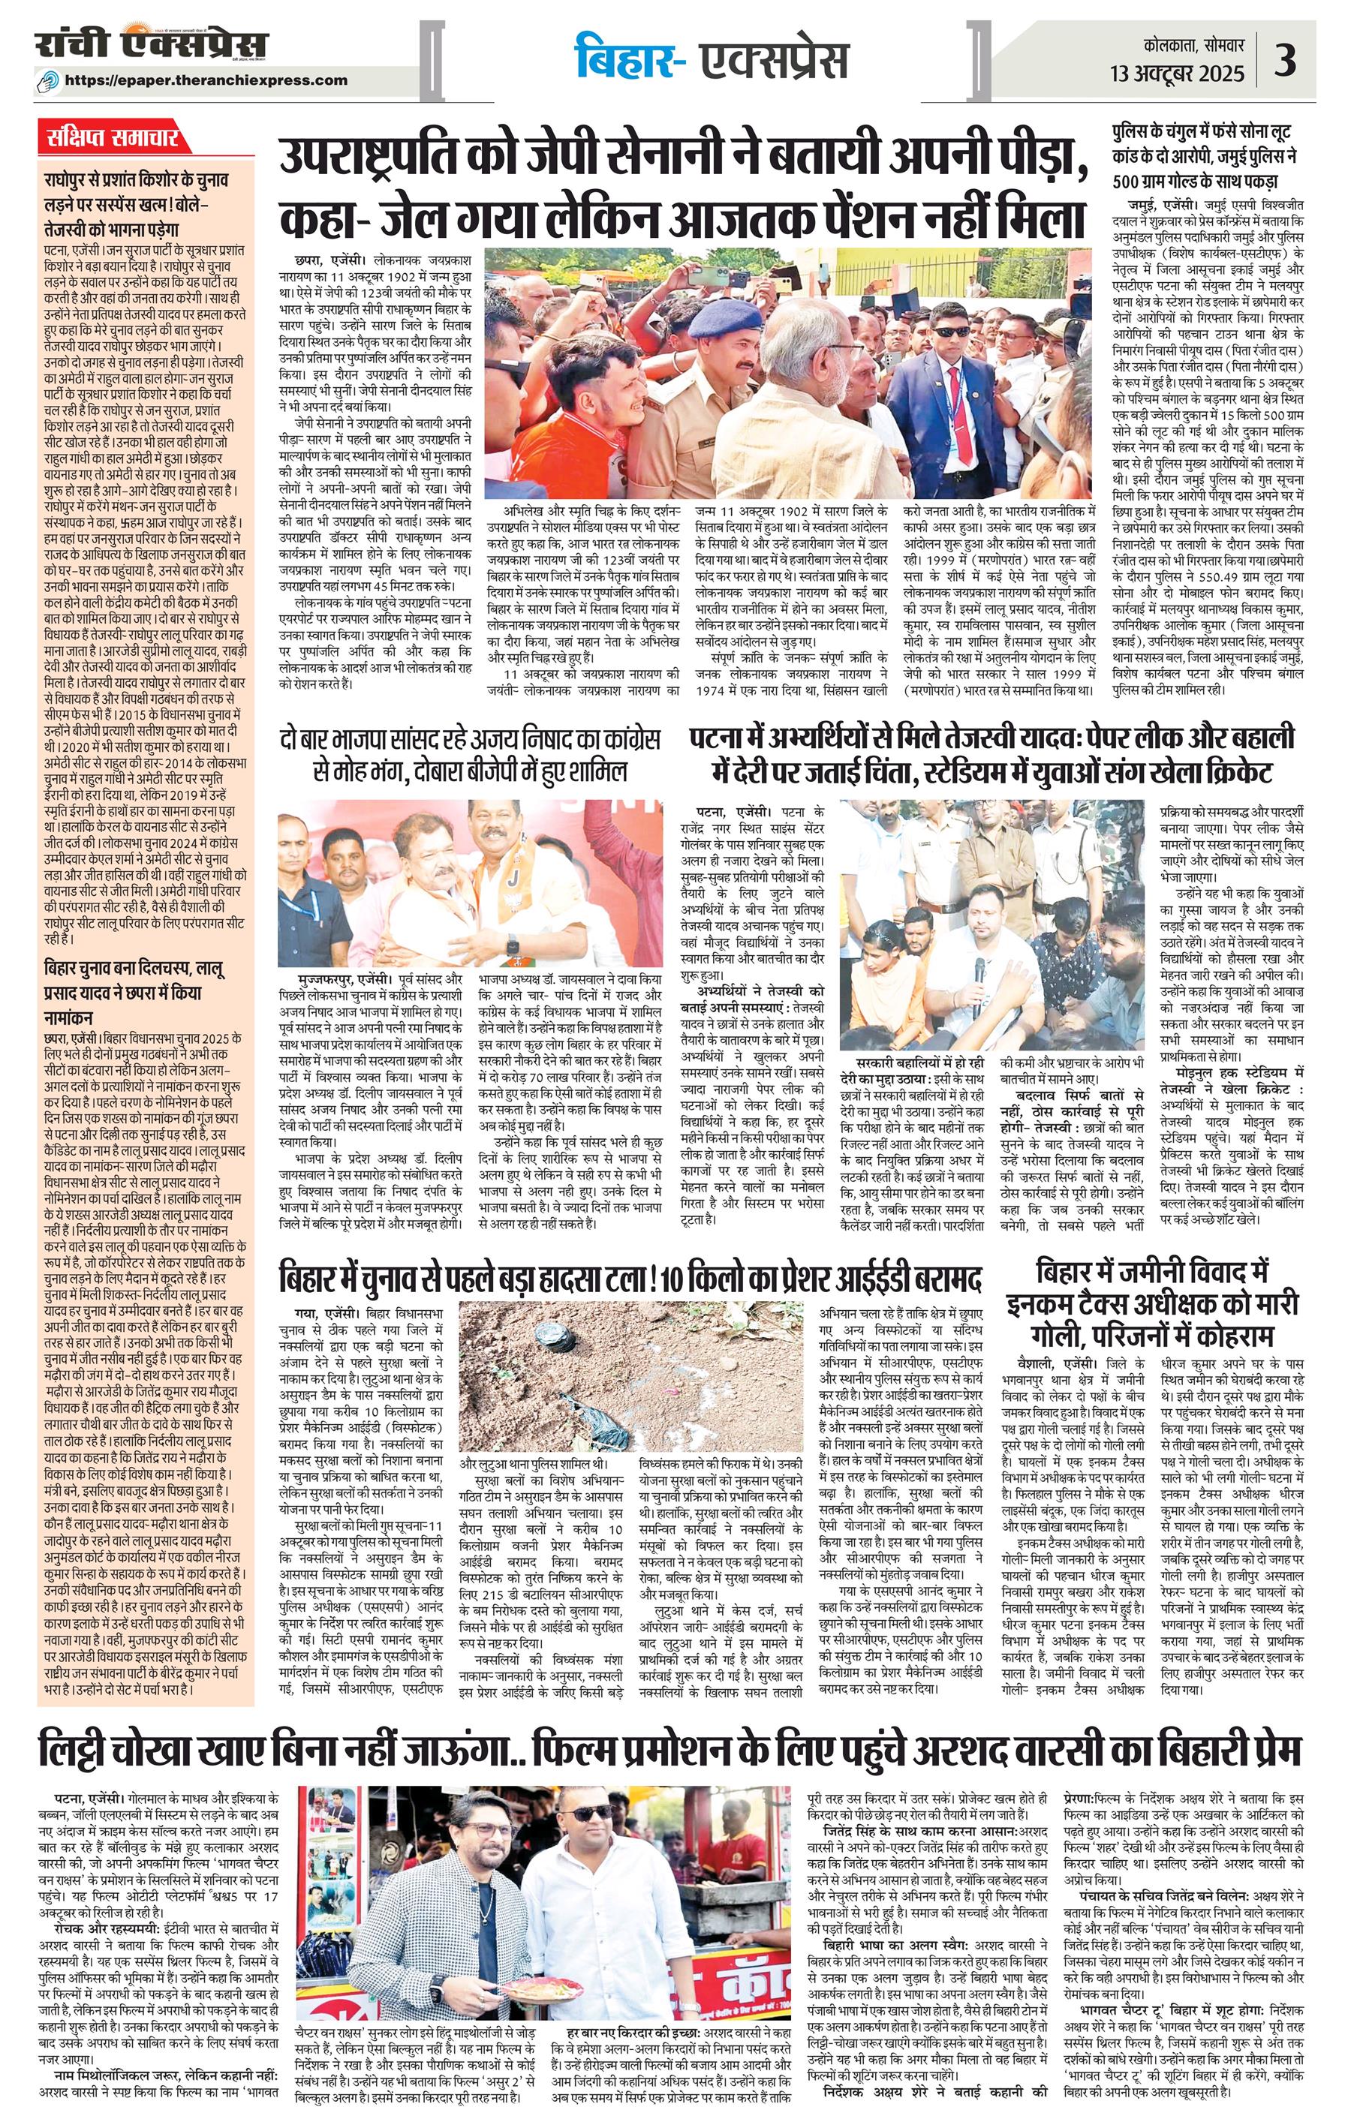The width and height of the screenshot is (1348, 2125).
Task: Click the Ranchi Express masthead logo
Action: tap(152, 44)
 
